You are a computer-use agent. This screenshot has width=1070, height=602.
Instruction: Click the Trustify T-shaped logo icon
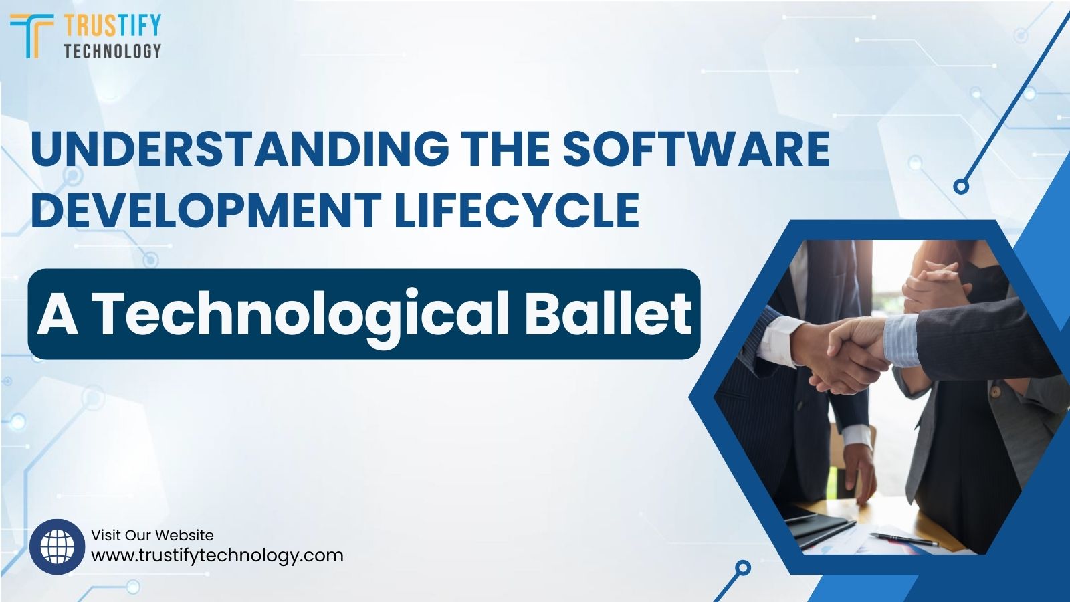coord(31,35)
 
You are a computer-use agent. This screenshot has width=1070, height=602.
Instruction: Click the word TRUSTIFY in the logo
coord(112,25)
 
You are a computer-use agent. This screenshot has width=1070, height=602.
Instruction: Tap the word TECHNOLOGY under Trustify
coord(112,51)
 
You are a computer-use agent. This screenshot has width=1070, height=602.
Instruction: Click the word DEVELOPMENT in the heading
coord(205,209)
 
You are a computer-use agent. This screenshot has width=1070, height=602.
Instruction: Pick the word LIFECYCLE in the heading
coord(516,209)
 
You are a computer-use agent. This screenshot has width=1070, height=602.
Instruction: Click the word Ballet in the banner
coord(608,313)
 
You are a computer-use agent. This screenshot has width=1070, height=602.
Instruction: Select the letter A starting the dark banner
coord(58,313)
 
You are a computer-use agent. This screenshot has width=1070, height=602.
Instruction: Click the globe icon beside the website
coord(58,546)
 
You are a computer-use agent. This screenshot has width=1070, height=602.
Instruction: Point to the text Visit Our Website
coord(152,535)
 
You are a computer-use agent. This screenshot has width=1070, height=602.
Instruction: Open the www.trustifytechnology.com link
coord(217,555)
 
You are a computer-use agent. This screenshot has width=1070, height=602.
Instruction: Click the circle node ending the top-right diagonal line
coord(961,186)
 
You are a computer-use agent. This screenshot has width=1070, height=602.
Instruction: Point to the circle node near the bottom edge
coord(742,568)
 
